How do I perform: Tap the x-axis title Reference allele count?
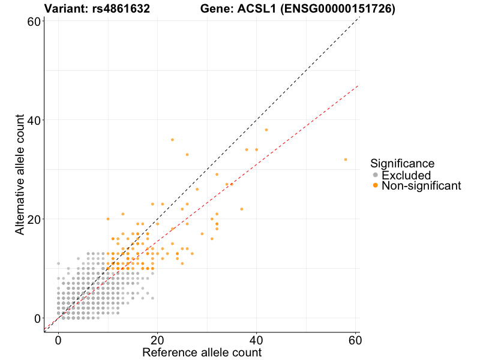pos(202,352)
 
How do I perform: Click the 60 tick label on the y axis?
pos(34,22)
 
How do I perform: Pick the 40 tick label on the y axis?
pos(34,120)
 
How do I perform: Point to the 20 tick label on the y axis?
pos(34,219)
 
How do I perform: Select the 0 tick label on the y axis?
pos(37,318)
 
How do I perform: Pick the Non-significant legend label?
pos(421,186)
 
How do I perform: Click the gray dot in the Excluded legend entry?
pos(376,175)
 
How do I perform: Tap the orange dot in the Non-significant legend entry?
pos(376,186)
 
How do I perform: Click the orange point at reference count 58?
pos(346,160)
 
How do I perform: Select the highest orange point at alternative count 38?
pos(266,130)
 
